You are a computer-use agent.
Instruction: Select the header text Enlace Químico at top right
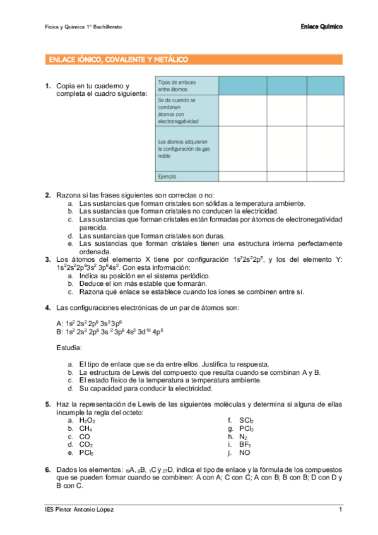point(322,27)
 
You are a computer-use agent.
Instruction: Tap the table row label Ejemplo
point(167,177)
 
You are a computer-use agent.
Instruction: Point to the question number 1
point(48,86)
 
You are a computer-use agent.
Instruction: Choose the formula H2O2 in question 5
point(87,420)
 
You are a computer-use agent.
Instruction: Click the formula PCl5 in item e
point(86,453)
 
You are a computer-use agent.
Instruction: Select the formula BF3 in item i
point(245,445)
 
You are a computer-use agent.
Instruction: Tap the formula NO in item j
point(244,453)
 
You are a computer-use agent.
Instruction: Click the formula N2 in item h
point(244,437)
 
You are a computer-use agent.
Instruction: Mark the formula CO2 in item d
point(86,445)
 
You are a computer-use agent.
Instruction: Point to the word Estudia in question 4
point(68,348)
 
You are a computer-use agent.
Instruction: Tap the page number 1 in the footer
point(340,509)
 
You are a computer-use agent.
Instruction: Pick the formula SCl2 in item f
point(246,420)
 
